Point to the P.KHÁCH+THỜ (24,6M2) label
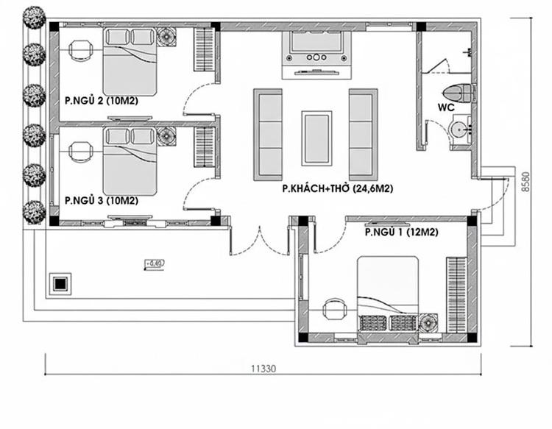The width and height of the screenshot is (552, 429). (337, 189)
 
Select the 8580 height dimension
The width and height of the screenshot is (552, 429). (526, 181)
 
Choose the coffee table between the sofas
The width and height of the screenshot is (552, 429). (316, 138)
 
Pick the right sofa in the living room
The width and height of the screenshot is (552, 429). (363, 134)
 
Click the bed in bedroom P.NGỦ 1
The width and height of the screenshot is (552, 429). (388, 294)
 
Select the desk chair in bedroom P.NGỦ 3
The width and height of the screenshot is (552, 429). (79, 152)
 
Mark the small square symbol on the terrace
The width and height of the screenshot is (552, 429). (60, 283)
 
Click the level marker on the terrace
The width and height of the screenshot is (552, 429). (153, 263)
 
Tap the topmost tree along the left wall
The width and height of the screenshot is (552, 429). (34, 18)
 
